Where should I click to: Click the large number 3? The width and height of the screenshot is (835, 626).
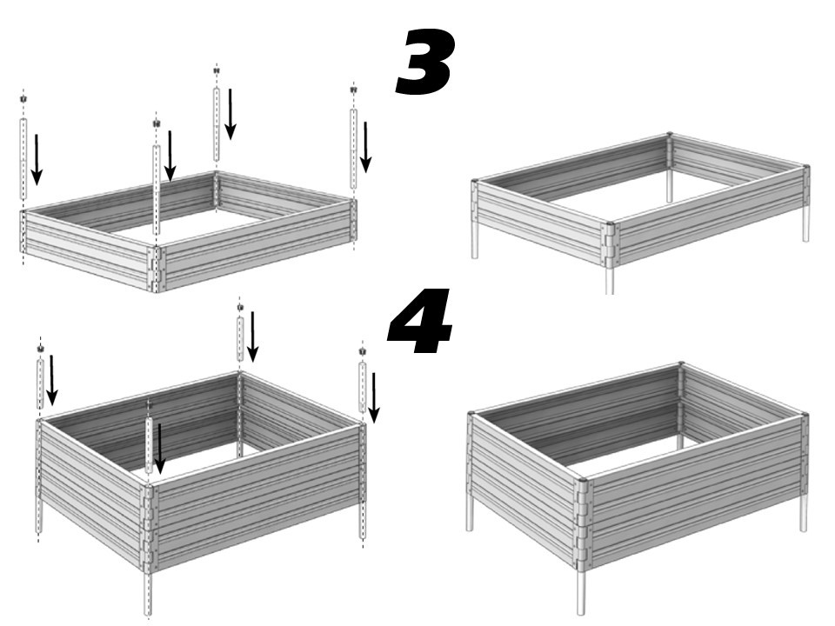click(x=425, y=62)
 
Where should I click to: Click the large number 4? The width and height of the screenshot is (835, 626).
click(x=421, y=322)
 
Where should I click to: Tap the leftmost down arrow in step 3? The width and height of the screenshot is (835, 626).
click(x=37, y=159)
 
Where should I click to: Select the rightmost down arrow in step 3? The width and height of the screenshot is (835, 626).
click(x=366, y=147)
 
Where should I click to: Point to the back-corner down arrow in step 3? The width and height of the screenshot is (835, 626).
click(x=230, y=114)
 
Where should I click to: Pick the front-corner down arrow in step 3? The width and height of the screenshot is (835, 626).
click(x=170, y=156)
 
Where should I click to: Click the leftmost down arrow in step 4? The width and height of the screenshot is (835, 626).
click(x=51, y=380)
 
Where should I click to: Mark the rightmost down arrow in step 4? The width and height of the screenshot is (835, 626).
click(x=374, y=397)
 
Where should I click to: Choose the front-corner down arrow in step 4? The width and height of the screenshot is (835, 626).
click(x=159, y=449)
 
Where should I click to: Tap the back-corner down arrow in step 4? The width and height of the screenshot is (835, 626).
click(x=253, y=336)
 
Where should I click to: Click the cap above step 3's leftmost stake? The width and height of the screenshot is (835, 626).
click(x=23, y=99)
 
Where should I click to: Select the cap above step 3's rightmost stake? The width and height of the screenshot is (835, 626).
click(x=353, y=90)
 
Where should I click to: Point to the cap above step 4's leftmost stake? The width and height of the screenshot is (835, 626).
click(x=41, y=349)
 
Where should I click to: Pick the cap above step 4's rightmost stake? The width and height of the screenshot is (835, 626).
click(x=363, y=351)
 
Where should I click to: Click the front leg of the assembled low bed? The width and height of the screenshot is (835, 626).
click(x=610, y=279)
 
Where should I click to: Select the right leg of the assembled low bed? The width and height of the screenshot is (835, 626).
click(x=805, y=227)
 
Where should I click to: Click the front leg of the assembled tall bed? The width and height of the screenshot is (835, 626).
click(x=582, y=588)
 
